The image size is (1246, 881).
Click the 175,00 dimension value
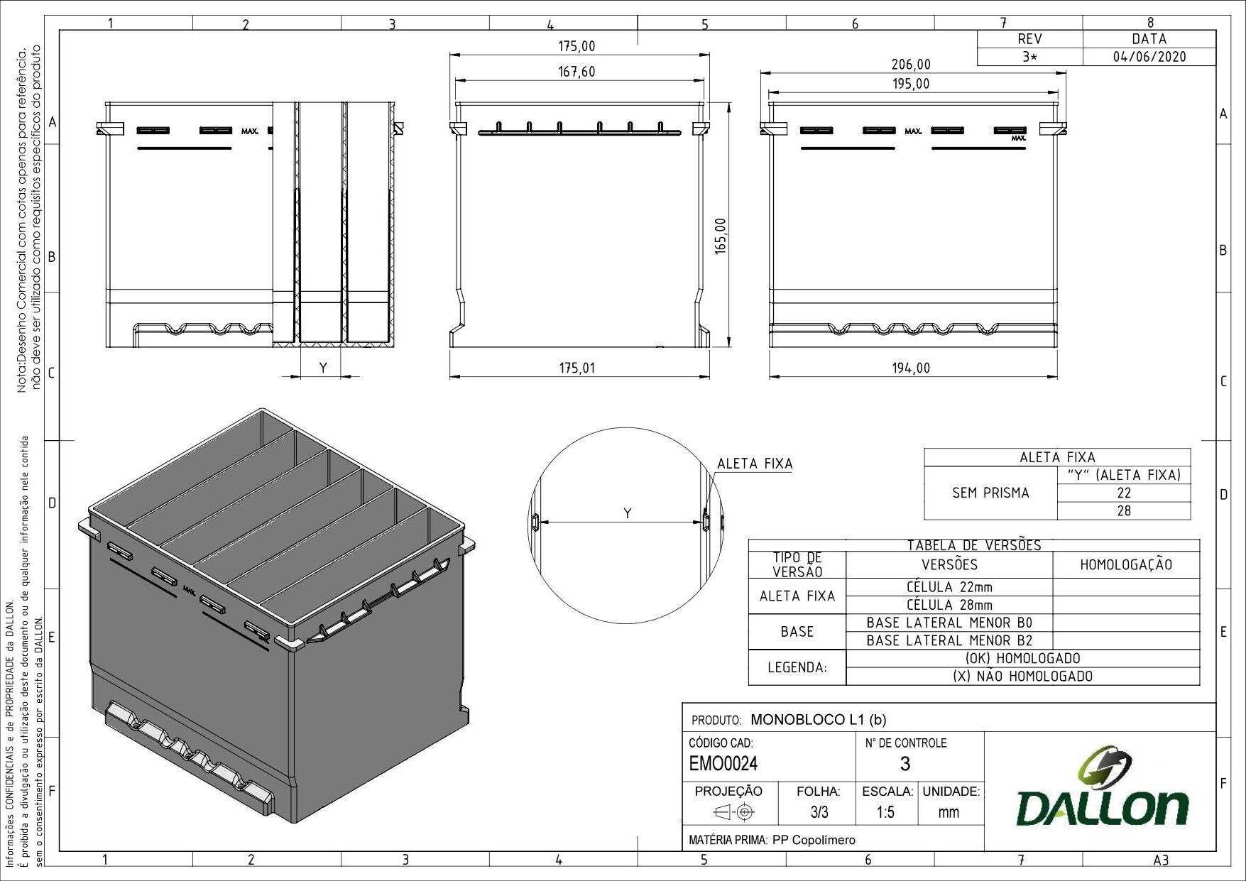tap(576, 46)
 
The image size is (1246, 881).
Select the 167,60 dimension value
tap(576, 72)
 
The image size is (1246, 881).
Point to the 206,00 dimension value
tap(911, 65)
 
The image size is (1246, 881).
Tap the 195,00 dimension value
tap(911, 84)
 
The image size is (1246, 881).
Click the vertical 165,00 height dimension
tap(721, 236)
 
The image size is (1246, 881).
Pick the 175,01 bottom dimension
tap(576, 368)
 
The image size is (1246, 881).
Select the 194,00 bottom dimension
tap(911, 368)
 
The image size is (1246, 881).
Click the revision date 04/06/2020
tap(1149, 57)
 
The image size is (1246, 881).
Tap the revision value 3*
tap(1029, 57)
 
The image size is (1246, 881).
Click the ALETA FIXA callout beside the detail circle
tap(755, 464)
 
